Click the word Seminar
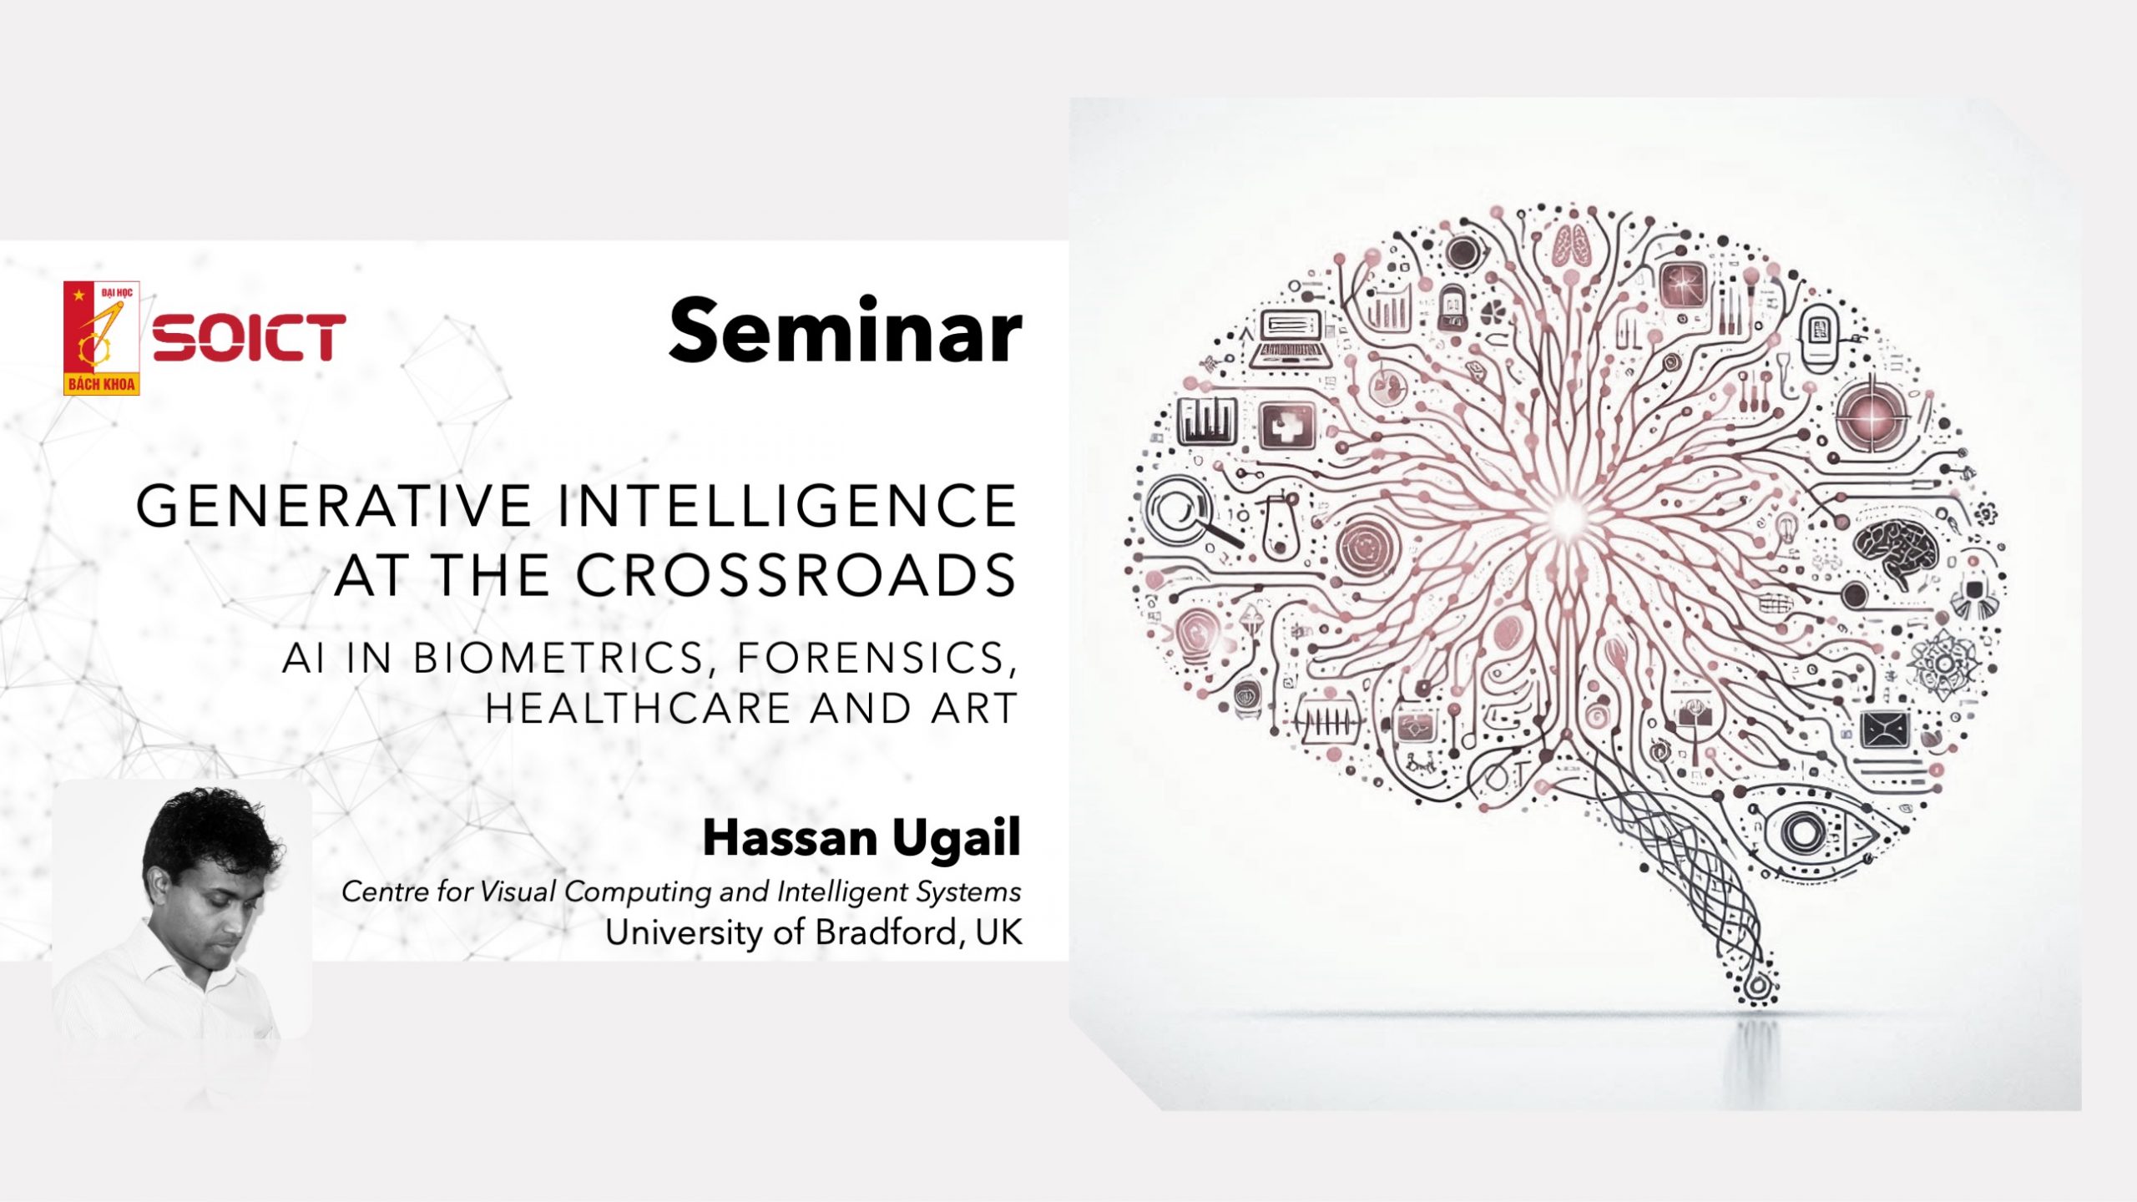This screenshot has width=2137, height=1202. pyautogui.click(x=845, y=331)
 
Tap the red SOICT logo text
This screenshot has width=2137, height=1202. pyautogui.click(x=249, y=338)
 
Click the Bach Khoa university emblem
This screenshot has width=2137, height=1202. pyautogui.click(x=101, y=338)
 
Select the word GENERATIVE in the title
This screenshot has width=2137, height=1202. pyautogui.click(x=334, y=506)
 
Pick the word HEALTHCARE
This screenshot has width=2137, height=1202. pyautogui.click(x=639, y=709)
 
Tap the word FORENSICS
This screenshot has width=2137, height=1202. pyautogui.click(x=877, y=659)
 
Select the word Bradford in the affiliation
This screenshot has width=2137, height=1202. pyautogui.click(x=886, y=932)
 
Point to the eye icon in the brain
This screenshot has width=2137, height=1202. pyautogui.click(x=1807, y=831)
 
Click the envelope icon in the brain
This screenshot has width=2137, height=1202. pyautogui.click(x=1885, y=730)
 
